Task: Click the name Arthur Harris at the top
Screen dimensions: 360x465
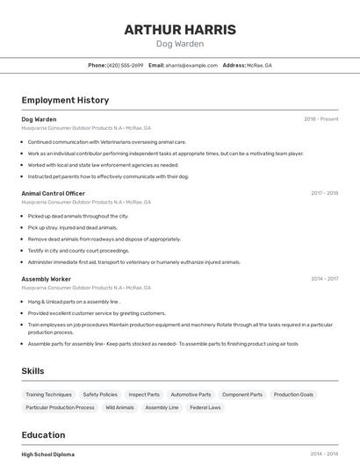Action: click(x=180, y=30)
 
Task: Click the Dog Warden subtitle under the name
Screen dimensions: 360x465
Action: click(x=180, y=44)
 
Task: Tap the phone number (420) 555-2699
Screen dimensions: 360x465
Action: click(x=125, y=66)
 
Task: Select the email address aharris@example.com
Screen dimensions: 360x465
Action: click(x=191, y=66)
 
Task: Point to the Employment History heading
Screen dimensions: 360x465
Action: click(x=65, y=100)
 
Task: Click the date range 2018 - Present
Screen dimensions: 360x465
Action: click(x=320, y=119)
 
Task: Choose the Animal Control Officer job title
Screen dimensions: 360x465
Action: click(x=53, y=193)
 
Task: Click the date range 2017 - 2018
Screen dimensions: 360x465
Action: click(x=324, y=193)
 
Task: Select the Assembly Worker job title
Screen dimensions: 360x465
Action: click(x=46, y=279)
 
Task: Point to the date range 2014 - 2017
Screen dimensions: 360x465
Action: click(x=324, y=279)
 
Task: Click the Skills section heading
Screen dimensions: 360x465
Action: click(x=32, y=371)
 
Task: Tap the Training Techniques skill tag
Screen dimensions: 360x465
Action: click(x=49, y=395)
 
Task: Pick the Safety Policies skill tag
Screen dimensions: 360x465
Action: click(x=100, y=395)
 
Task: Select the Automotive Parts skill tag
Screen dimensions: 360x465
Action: click(x=191, y=395)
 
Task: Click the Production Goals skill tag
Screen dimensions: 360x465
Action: click(x=293, y=395)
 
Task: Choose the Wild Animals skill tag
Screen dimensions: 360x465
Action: click(x=119, y=408)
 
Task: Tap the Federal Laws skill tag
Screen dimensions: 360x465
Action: click(x=205, y=408)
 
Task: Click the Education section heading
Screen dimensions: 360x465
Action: click(x=43, y=434)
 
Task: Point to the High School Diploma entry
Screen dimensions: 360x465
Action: click(x=47, y=454)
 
